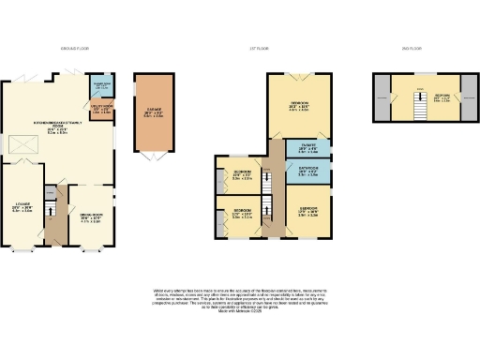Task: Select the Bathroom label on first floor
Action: point(306,172)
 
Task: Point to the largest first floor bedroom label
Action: point(298,105)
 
